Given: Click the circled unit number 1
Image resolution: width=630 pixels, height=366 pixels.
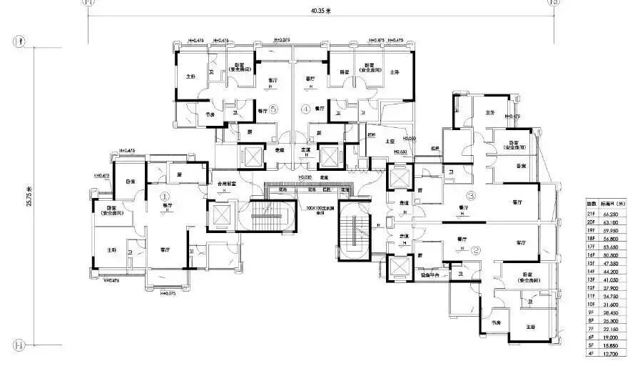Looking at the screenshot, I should tap(164, 194).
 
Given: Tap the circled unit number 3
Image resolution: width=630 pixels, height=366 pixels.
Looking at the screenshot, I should tap(471, 195).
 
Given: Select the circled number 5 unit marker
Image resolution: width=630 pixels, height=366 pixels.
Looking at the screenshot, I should tap(273, 109).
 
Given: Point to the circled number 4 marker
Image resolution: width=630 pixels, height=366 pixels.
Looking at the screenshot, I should tap(305, 109).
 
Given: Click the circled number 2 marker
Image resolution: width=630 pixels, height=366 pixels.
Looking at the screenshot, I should tap(476, 249).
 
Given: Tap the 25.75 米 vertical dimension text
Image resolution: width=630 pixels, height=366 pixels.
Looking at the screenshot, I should tap(29, 192).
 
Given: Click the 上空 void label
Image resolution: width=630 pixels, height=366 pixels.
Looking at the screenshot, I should tap(390, 142).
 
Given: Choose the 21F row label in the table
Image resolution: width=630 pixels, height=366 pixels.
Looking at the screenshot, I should tap(590, 212).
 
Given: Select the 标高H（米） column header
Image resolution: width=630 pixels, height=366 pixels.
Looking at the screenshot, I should tap(612, 203).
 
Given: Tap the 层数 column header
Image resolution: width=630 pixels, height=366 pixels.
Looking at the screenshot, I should tap(590, 203).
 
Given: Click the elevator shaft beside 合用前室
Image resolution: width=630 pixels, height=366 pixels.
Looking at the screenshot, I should tap(223, 215).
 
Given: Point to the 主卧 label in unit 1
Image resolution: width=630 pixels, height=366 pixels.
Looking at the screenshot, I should tap(111, 250).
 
